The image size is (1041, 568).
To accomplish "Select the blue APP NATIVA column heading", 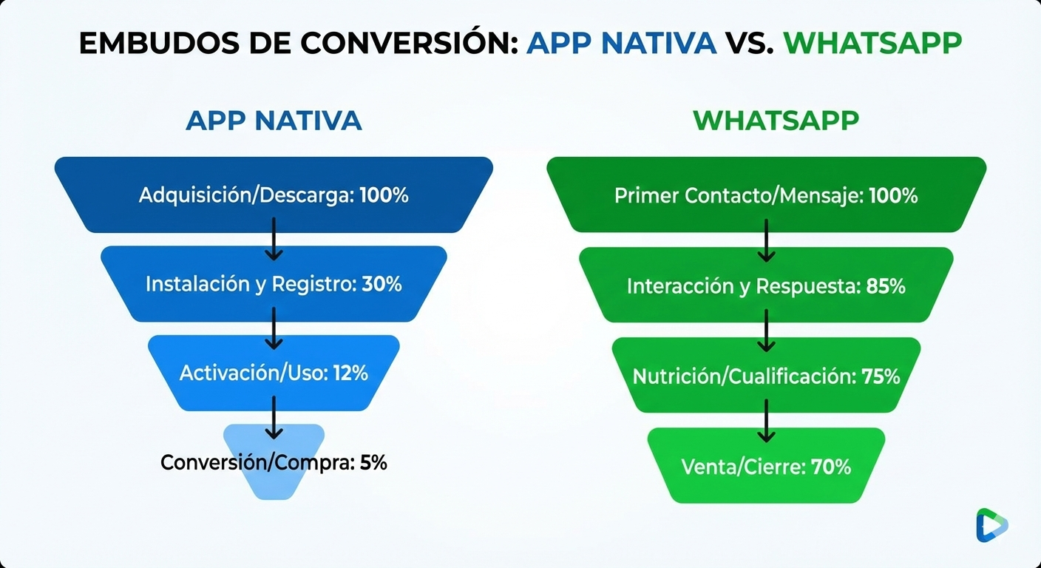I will point(274,121).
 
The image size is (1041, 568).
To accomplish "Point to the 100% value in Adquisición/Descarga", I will point(384,196).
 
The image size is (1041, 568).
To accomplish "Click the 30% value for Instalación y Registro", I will point(382,284).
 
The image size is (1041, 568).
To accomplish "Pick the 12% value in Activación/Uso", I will point(350,373).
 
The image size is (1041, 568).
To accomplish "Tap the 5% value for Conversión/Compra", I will point(373,463).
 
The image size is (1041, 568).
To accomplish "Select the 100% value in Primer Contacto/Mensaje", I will point(893,196).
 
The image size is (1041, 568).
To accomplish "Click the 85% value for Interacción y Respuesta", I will point(886,286).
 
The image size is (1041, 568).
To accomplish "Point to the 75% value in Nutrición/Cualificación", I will point(881,376).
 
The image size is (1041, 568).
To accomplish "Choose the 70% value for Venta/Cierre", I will point(831,467).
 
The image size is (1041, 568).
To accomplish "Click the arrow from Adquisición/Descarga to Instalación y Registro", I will point(274,238).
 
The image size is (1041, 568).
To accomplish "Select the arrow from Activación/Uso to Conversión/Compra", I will point(274,419).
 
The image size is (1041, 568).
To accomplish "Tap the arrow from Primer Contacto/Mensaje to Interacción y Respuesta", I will point(766,240).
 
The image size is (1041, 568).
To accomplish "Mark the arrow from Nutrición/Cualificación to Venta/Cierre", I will point(766,421).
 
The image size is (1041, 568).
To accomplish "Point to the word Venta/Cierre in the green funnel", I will point(743,467).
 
